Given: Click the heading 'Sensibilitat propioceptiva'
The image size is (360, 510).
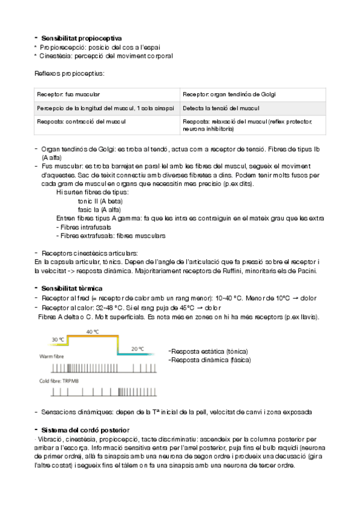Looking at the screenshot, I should click(81, 38).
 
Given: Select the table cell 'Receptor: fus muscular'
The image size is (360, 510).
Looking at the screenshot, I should click(69, 94).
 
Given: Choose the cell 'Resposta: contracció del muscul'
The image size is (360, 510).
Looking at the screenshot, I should click(81, 121).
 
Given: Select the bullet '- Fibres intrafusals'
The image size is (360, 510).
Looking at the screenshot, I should click(83, 227).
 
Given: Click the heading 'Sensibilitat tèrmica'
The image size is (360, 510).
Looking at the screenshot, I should click(72, 289).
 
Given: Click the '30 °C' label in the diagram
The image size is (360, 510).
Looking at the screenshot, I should click(58, 340).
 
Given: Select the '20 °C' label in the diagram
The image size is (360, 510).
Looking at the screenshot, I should click(137, 349).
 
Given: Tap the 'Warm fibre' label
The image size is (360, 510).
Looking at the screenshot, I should click(52, 357).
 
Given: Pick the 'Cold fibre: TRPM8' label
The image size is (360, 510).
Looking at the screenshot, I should click(59, 382).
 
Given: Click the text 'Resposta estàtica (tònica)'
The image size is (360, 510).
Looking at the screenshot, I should click(209, 351).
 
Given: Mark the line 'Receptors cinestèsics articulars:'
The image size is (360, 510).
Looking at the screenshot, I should click(90, 253).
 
